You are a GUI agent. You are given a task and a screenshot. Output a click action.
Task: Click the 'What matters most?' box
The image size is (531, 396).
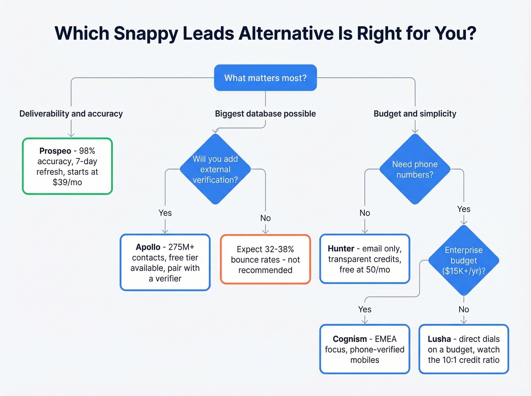click(265, 78)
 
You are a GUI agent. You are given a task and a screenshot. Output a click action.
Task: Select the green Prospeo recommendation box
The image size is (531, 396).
click(68, 166)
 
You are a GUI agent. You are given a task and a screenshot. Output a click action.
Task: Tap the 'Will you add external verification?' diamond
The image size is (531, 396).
click(215, 169)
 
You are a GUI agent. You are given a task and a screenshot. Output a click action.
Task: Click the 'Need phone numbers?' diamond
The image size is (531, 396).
click(415, 169)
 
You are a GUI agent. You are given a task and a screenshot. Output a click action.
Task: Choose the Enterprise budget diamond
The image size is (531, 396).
click(463, 260)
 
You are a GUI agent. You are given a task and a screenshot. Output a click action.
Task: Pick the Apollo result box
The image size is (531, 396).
click(165, 262)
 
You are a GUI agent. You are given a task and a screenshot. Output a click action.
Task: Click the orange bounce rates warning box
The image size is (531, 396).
click(265, 260)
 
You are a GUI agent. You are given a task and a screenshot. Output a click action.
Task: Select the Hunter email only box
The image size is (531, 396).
click(364, 259)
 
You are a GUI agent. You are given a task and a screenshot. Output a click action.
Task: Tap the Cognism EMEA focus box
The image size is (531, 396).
click(364, 349)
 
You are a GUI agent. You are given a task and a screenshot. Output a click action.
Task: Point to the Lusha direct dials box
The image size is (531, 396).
click(463, 349)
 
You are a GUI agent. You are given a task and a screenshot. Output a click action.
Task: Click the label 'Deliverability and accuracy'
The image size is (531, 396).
click(71, 114)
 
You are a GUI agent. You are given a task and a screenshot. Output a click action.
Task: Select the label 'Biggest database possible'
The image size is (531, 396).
click(265, 114)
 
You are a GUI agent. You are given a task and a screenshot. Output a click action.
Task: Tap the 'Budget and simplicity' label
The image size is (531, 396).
click(415, 114)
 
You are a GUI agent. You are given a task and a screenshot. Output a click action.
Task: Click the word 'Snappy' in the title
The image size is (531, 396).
click(146, 33)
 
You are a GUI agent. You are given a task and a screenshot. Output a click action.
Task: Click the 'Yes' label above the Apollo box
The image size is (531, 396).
click(165, 213)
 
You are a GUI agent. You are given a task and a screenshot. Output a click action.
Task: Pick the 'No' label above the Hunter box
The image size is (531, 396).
click(364, 213)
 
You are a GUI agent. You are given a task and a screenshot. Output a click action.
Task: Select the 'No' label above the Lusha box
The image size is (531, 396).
click(463, 310)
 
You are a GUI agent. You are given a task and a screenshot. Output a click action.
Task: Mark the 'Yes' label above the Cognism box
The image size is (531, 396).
click(364, 310)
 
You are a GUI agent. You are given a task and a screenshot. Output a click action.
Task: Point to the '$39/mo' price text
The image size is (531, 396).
click(68, 182)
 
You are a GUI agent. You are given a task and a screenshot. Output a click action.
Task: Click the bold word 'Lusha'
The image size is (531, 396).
click(439, 339)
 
